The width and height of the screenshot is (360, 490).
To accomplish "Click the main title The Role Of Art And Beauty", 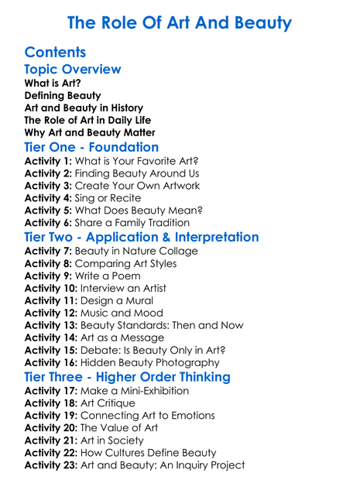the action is (x=180, y=22).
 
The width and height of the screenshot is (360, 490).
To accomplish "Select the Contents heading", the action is (x=55, y=53).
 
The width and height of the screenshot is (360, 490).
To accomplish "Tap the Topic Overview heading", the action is (x=73, y=70).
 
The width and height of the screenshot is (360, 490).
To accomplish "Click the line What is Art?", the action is (x=53, y=83).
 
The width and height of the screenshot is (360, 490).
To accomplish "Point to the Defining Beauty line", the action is (x=63, y=95).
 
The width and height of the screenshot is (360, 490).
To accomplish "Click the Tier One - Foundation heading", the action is (x=91, y=147).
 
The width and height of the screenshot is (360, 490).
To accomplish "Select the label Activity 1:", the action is (x=49, y=160).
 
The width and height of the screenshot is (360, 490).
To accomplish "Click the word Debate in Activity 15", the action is (x=114, y=351).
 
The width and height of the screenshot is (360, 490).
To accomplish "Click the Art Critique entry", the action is (x=108, y=403).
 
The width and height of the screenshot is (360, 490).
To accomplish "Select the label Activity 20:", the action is (x=52, y=427).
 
